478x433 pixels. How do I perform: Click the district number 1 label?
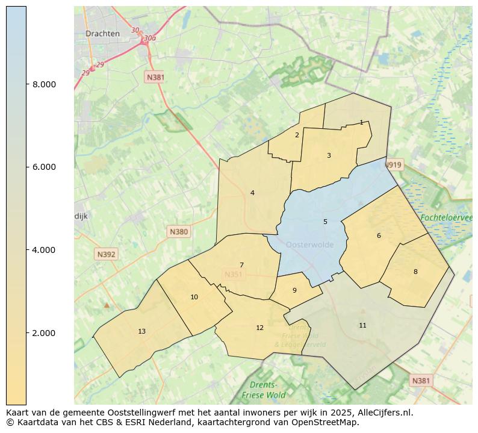(x=361, y=122)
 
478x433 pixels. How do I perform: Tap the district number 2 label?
(x=297, y=135)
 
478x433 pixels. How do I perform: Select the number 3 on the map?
(x=329, y=155)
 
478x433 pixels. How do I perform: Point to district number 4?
(x=252, y=193)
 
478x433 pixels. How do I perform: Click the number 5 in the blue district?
(x=325, y=222)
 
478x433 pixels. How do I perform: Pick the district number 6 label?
(x=379, y=235)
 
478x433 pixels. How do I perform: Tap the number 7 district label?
(x=241, y=265)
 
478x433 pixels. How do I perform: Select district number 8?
(x=415, y=272)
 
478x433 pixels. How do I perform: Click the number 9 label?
(x=294, y=290)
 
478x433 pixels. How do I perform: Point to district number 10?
(x=194, y=297)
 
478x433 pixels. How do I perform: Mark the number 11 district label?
(x=362, y=325)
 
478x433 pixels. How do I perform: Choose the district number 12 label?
(x=259, y=328)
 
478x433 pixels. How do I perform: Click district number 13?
(x=141, y=331)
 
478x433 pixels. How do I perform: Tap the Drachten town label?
(x=102, y=34)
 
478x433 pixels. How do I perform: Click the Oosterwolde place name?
(x=310, y=245)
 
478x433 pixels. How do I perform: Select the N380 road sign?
(x=179, y=231)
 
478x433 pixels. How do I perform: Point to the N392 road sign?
(x=105, y=254)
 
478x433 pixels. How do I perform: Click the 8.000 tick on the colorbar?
(x=44, y=84)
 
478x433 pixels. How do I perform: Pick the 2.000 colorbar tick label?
(x=44, y=333)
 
